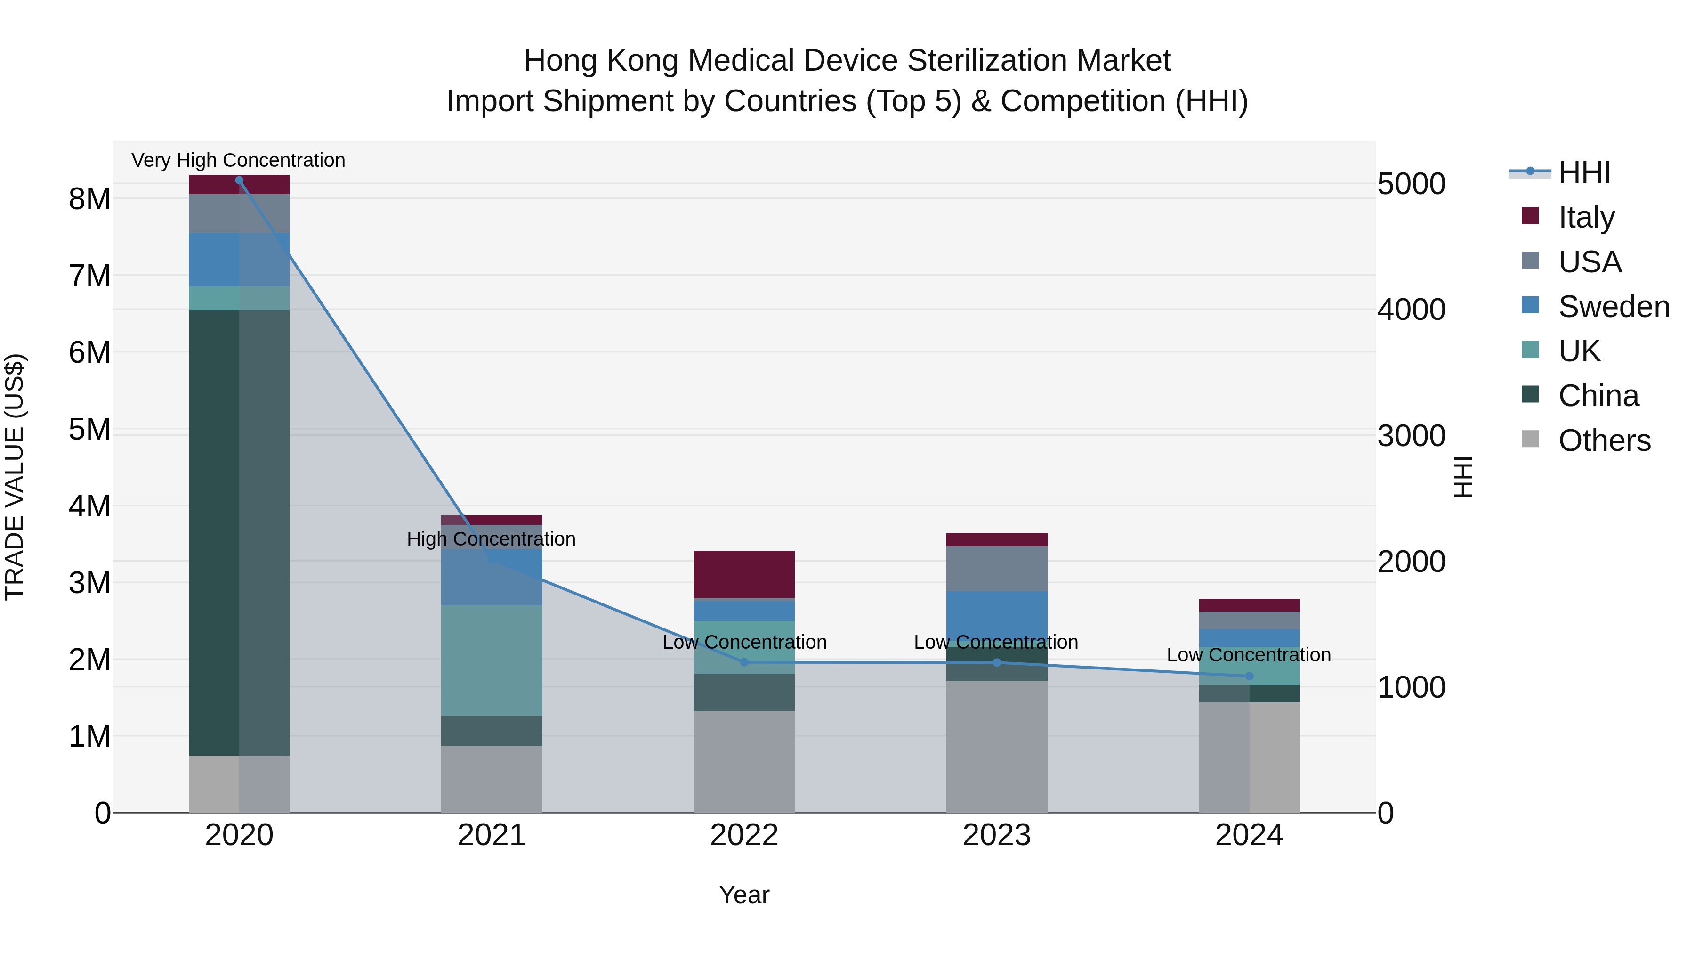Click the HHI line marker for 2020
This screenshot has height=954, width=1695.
239,180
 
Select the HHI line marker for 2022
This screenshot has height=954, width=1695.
744,662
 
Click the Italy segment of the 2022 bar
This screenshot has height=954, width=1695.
744,574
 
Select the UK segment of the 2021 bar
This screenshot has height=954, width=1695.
492,660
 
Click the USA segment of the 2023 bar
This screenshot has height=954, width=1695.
997,569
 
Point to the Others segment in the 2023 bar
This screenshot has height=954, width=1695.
997,747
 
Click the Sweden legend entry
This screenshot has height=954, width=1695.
1614,307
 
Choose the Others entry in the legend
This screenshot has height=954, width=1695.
1604,440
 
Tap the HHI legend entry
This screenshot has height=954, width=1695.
1584,172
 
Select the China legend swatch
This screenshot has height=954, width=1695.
1531,395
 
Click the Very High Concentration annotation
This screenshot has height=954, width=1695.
238,160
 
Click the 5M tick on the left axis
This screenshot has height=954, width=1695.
89,429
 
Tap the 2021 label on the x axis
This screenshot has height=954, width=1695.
492,835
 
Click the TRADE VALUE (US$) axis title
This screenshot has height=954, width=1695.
15,477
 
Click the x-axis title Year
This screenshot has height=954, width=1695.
744,895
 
